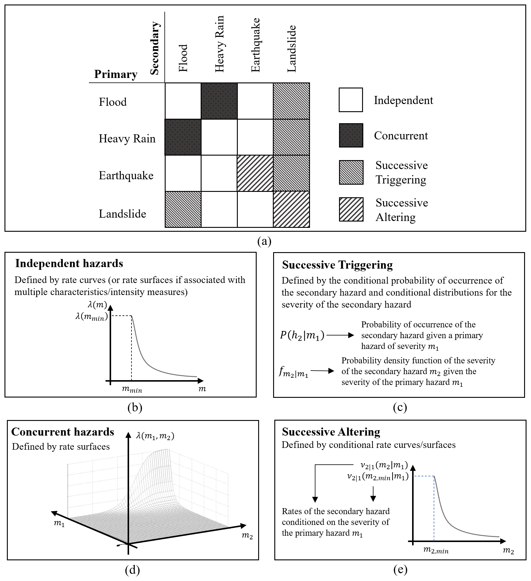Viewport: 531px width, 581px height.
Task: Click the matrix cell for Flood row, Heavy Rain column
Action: click(219, 101)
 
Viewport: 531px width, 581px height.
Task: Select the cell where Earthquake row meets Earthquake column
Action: click(255, 173)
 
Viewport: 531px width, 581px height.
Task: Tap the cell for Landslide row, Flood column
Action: click(183, 209)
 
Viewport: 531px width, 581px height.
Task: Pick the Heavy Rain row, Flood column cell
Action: click(183, 137)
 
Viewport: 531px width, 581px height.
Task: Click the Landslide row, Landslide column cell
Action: click(291, 209)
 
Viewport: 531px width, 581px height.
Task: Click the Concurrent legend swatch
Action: click(351, 136)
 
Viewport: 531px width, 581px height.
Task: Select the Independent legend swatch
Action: click(351, 100)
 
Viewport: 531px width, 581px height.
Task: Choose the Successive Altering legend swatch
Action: click(351, 209)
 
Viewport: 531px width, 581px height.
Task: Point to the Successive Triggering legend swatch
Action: click(351, 172)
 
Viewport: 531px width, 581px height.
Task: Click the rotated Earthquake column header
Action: click(255, 45)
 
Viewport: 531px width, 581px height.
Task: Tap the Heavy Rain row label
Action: click(127, 139)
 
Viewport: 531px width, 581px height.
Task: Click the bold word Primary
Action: click(116, 74)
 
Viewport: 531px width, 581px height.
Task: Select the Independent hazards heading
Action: click(69, 263)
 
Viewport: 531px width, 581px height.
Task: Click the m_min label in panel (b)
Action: click(132, 389)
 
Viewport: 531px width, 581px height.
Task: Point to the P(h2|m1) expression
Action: click(302, 335)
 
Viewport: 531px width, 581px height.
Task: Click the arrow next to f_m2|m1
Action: click(322, 371)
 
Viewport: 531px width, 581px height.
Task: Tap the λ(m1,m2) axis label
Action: click(155, 436)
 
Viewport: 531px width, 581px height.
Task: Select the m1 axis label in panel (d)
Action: click(59, 523)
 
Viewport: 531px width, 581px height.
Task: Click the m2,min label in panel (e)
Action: click(436, 550)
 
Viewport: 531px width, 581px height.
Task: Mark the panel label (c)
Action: click(400, 407)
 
